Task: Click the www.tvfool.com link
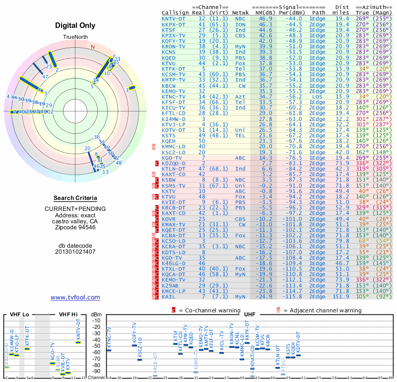click(x=75, y=297)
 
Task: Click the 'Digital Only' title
click(x=75, y=25)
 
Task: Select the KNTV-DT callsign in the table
click(x=174, y=18)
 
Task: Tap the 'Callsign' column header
click(x=176, y=12)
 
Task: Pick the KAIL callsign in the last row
click(x=169, y=297)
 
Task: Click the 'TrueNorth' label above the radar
click(x=75, y=38)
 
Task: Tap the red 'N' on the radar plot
click(x=92, y=47)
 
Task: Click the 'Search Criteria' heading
click(x=75, y=198)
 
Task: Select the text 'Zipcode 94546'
click(x=75, y=227)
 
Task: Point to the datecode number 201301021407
click(x=75, y=252)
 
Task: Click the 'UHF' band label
click(x=250, y=314)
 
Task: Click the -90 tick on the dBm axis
click(x=96, y=371)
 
